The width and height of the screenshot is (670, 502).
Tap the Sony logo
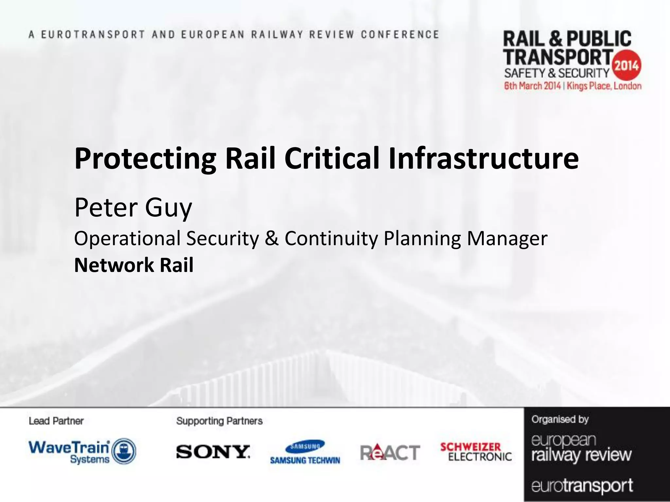[213, 452]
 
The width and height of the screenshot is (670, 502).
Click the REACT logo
[390, 452]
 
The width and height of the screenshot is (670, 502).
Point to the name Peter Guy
[133, 208]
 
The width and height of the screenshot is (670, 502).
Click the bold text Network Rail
[134, 265]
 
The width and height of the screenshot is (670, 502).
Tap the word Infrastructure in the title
[484, 159]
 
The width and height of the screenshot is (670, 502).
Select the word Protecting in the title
[145, 159]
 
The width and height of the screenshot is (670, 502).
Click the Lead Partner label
[56, 421]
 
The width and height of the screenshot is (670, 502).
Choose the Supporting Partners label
[219, 421]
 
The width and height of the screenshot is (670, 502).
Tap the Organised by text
[560, 419]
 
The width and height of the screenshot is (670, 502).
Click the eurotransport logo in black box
[582, 486]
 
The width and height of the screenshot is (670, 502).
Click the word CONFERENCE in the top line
[400, 35]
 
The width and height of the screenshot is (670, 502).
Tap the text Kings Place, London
[604, 86]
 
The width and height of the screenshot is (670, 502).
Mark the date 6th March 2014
[532, 86]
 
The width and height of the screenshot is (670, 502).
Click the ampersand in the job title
[272, 238]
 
